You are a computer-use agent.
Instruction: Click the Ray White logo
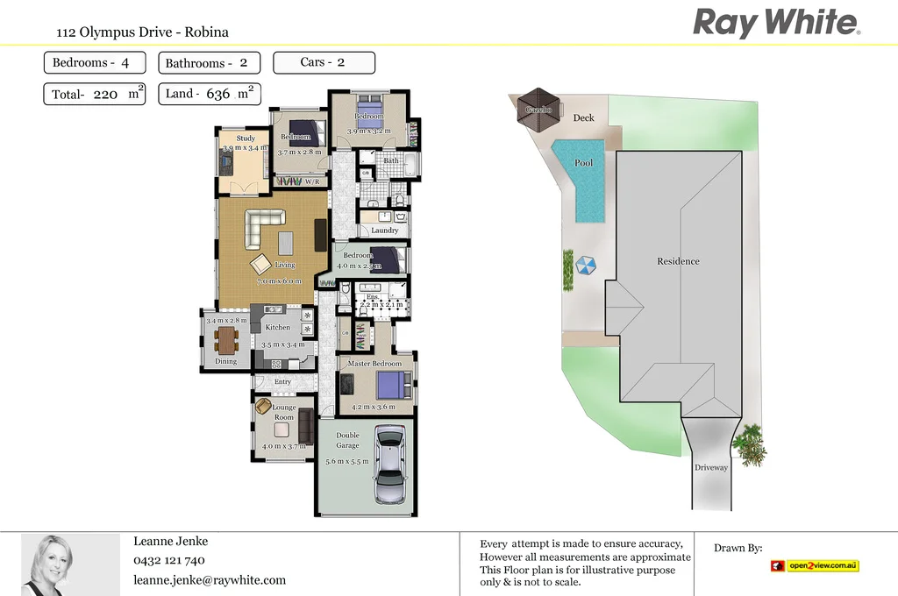click(x=776, y=22)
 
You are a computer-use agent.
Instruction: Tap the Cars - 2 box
click(x=324, y=62)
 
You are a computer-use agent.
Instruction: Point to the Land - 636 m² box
click(x=209, y=94)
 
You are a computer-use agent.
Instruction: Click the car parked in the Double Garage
click(x=389, y=465)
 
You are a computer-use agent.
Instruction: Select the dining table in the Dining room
click(x=227, y=339)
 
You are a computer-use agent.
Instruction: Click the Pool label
click(x=583, y=163)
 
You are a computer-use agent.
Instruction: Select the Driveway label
click(x=711, y=468)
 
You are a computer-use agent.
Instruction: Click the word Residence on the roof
click(x=679, y=261)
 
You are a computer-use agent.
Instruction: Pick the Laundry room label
click(x=384, y=231)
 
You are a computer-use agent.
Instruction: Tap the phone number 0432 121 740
click(x=169, y=560)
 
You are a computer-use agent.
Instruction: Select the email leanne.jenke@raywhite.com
click(x=210, y=579)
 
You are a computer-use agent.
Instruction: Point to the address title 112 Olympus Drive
click(x=142, y=32)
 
